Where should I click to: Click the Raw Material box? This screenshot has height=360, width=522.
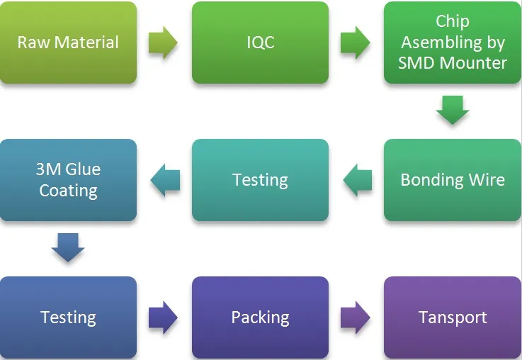68,43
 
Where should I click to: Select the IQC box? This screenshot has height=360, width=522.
260,43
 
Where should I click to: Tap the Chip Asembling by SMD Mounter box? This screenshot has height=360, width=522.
452,43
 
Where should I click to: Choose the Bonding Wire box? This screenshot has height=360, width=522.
452,180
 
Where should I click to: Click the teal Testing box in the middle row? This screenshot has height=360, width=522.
260,180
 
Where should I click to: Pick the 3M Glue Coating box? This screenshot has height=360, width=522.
68,180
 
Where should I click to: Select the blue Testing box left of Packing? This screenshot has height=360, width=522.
68,317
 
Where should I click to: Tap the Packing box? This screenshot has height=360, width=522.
260,317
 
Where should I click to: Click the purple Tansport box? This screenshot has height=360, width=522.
452,317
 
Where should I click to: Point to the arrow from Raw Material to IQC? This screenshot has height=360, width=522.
164,43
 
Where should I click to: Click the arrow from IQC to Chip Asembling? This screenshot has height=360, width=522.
356,43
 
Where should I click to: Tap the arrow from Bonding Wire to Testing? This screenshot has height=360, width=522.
357,180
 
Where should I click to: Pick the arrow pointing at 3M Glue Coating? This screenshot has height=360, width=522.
165,180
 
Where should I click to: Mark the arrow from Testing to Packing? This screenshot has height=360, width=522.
164,317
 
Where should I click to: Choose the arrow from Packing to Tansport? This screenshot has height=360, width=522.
356,317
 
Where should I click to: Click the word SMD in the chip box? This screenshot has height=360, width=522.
416,62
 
